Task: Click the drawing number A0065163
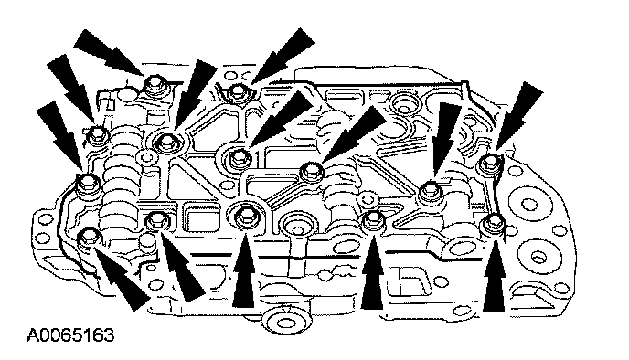click(x=70, y=335)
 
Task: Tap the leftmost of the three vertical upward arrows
click(x=244, y=271)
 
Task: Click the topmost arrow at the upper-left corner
click(x=109, y=52)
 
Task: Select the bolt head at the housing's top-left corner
click(x=155, y=85)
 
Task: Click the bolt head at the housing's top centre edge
click(x=237, y=92)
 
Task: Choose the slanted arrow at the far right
click(x=517, y=116)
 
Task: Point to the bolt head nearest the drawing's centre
click(x=311, y=171)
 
